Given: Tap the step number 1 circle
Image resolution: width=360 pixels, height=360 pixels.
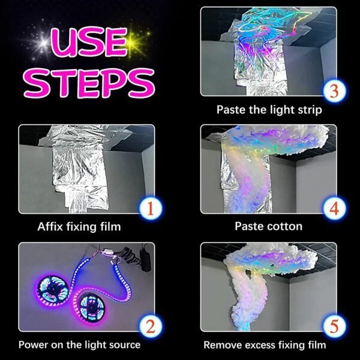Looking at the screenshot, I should coord(151,208).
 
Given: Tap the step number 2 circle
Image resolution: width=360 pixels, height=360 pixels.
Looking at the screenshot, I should coord(151,326).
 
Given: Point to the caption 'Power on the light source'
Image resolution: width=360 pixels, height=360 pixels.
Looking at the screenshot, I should coord(79,345).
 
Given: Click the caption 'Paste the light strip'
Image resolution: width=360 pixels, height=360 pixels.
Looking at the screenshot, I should coord(269,110).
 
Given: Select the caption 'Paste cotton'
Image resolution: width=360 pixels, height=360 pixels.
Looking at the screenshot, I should coord(268,227).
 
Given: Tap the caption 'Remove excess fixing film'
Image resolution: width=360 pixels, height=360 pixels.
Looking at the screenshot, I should coord(265,345).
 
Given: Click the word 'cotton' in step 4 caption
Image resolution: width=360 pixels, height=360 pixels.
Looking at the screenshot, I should coord(286,227).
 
